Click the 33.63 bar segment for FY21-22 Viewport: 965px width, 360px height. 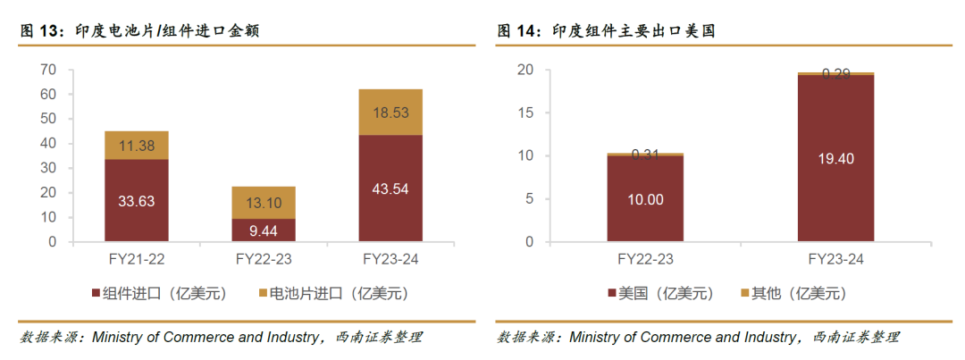pos(136,201)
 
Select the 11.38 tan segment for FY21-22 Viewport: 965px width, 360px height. pos(136,145)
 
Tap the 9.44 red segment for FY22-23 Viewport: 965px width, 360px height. pos(264,230)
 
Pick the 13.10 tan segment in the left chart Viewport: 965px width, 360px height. pos(264,203)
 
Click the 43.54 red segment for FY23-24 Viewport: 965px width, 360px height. pos(390,188)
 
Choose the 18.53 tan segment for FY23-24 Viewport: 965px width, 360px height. pos(390,112)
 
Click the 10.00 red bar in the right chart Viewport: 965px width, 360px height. pos(645,199)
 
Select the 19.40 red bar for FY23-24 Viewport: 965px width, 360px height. pos(835,158)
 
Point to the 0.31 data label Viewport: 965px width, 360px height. pos(645,155)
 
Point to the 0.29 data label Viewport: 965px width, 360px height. pos(835,74)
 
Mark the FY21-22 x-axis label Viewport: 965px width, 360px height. pos(136,259)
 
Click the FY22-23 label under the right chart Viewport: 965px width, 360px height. pos(645,259)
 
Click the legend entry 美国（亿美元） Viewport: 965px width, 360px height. pos(661,293)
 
